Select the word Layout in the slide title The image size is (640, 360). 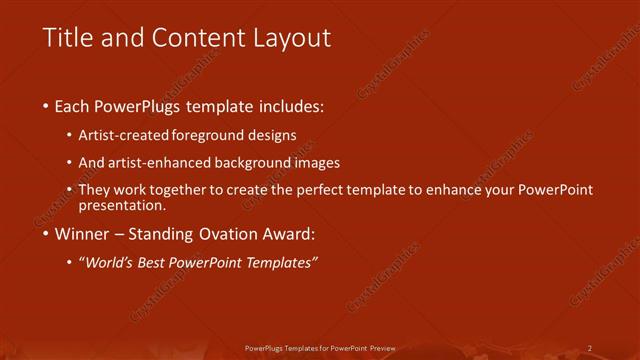(290, 39)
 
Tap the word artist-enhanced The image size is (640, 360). (159, 162)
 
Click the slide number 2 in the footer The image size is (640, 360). (590, 348)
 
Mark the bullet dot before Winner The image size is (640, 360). (46, 237)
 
